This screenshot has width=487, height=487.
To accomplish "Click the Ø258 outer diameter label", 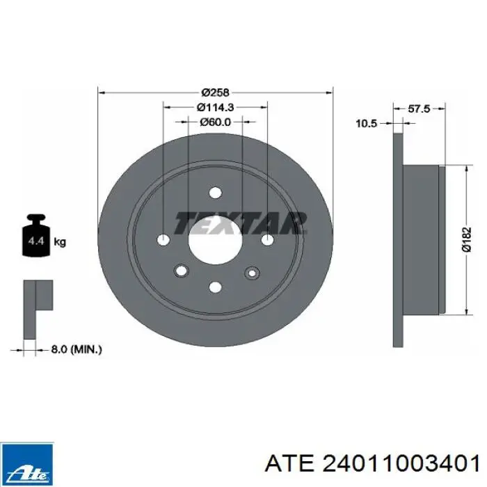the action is click(215, 93).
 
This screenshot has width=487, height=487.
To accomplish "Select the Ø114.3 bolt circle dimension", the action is click(215, 107).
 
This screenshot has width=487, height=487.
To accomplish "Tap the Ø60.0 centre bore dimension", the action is click(215, 122).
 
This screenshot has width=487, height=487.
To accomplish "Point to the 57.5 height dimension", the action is click(419, 109).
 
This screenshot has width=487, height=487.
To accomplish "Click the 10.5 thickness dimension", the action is click(366, 124).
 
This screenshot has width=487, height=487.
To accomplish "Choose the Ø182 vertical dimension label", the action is click(467, 239).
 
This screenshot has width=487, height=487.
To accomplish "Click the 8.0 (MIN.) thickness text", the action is click(77, 349).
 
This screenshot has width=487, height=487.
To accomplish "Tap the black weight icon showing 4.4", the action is click(36, 235).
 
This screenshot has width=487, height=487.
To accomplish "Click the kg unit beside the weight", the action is click(60, 241).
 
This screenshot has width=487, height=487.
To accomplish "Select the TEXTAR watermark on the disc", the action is click(241, 223).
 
